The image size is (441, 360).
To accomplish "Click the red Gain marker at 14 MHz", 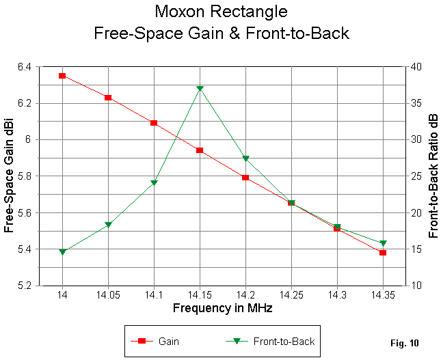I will [62, 76].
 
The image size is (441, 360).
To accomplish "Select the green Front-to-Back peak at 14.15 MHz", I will [200, 89].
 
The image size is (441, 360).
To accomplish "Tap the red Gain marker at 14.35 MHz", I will [383, 253].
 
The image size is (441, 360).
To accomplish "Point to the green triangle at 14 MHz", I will [62, 252].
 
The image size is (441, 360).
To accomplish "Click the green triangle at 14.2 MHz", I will [245, 158].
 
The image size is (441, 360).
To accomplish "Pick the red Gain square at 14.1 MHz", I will [154, 123].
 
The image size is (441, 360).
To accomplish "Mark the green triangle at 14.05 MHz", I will [108, 225].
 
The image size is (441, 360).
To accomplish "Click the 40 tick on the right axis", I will [415, 66].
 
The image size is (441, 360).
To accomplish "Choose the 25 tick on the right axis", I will [415, 176].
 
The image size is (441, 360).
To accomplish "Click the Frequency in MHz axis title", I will [222, 308].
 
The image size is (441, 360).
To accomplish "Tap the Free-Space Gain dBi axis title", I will [9, 176].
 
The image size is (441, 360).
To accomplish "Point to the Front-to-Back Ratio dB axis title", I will [433, 176].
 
